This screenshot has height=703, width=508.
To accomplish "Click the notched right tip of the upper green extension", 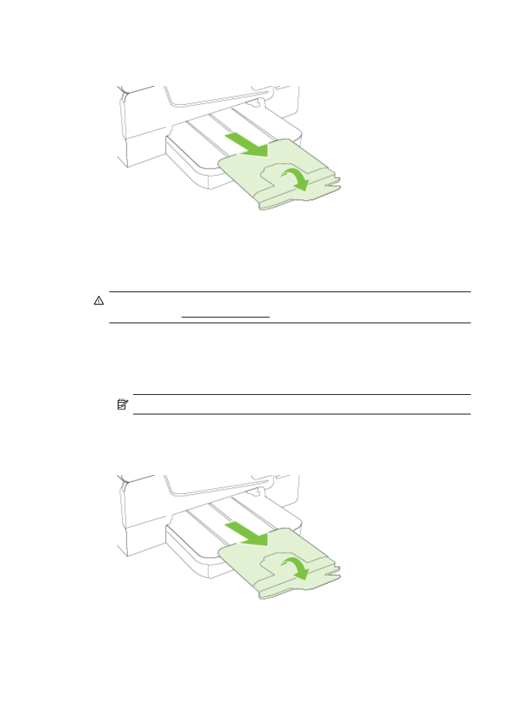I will [x=334, y=187].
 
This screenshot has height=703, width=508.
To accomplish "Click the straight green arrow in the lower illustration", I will [x=246, y=534].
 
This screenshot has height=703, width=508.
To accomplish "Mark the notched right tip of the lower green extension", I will [x=334, y=575].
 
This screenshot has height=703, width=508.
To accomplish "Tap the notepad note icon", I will [x=122, y=405].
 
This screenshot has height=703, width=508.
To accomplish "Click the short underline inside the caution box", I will [x=225, y=317].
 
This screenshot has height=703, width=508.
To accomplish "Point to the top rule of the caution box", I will [x=289, y=292].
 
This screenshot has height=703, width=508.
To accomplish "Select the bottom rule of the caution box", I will [x=289, y=323].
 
